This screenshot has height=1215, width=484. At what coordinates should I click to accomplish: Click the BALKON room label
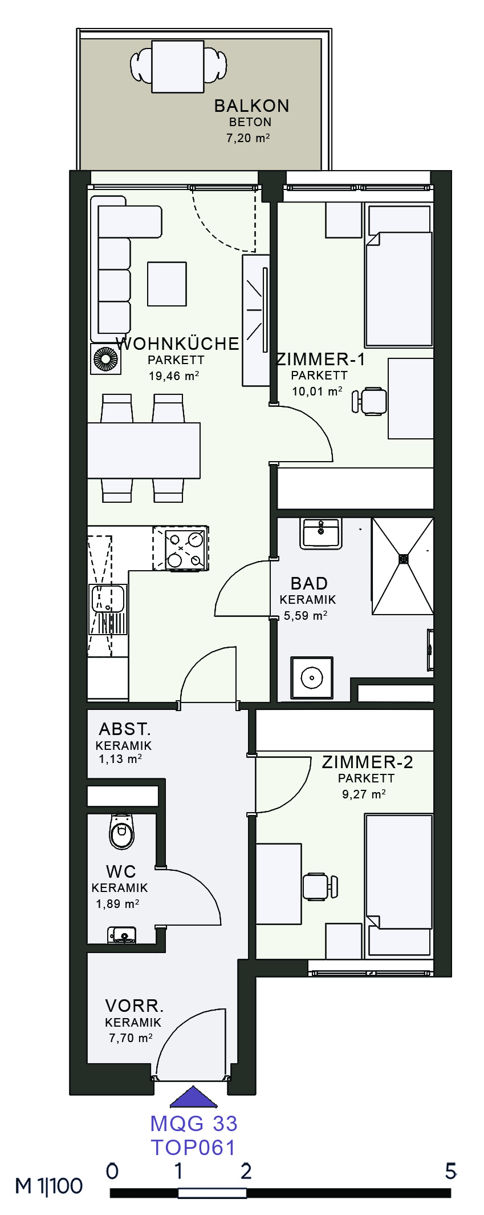tap(251, 106)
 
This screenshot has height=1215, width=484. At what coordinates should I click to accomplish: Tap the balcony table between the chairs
tap(178, 67)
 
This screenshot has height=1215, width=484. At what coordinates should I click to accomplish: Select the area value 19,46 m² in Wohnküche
tap(173, 376)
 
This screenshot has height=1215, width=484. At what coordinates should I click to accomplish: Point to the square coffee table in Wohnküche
tap(167, 284)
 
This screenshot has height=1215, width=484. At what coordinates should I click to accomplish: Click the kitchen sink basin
tap(108, 598)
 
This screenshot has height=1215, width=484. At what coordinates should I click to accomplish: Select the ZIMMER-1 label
tap(320, 360)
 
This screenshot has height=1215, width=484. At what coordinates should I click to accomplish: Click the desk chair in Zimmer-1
tap(369, 401)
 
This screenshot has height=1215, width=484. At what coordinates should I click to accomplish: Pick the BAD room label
tap(309, 583)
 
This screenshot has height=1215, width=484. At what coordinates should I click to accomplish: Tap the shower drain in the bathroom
tap(404, 559)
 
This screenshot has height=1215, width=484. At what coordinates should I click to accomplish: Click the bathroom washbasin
tap(321, 533)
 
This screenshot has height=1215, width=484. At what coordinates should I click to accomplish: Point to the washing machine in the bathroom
tap(312, 678)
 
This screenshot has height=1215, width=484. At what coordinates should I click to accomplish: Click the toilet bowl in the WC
tap(121, 831)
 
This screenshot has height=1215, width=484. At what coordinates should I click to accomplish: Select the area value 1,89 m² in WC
tap(117, 904)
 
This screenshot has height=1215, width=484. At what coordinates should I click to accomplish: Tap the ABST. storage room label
tap(124, 729)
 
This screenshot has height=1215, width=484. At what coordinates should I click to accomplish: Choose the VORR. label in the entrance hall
tap(134, 1006)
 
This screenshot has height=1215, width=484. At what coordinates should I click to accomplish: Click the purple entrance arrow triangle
tap(194, 1096)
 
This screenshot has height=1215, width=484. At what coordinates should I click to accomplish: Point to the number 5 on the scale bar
tap(450, 1172)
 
